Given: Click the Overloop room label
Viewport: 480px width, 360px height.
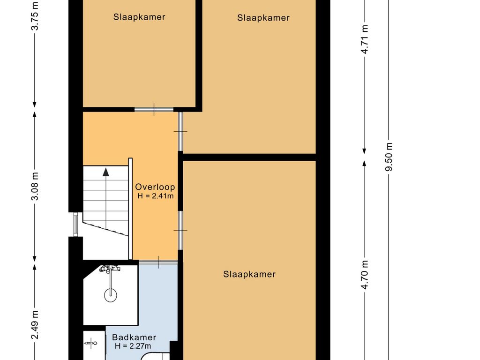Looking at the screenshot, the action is click(x=155, y=187).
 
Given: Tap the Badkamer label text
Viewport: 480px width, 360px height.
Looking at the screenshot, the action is click(x=134, y=337).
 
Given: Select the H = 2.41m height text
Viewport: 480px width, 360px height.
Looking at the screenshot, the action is click(x=156, y=196).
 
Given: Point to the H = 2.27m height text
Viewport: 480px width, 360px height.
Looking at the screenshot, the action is click(x=133, y=346).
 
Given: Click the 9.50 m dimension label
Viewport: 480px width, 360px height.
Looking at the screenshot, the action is click(x=389, y=157).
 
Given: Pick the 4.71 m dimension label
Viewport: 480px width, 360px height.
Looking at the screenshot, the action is click(x=364, y=39).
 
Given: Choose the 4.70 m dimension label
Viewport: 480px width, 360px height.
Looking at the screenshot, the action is click(x=364, y=275).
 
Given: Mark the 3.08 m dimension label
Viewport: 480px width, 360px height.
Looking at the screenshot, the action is click(x=35, y=186).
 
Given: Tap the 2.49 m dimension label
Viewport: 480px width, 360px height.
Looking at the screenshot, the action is click(x=35, y=324).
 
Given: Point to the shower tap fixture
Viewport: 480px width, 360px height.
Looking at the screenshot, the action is click(x=110, y=269).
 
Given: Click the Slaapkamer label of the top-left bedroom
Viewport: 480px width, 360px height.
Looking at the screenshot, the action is click(x=139, y=17).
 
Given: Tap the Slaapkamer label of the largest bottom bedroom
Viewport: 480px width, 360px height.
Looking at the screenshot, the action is click(x=249, y=274).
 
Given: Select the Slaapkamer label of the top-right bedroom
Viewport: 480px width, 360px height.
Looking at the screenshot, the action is click(x=263, y=18).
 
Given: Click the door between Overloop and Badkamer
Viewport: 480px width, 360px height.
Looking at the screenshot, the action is click(x=158, y=262).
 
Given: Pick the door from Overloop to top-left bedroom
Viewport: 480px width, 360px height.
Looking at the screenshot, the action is click(x=154, y=109).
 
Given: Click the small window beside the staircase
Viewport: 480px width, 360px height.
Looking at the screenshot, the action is click(x=75, y=225).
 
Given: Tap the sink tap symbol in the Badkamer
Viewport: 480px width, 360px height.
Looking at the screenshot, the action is click(x=90, y=344).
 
